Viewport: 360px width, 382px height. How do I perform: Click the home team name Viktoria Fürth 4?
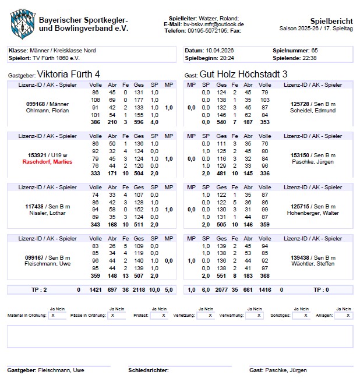pyautogui.click(x=68, y=75)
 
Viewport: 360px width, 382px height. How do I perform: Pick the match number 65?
pyautogui.click(x=315, y=51)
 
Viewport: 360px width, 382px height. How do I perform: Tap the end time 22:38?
pyautogui.click(x=310, y=58)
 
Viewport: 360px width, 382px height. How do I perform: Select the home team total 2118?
pyautogui.click(x=139, y=289)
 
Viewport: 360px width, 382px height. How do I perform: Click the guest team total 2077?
pyautogui.click(x=221, y=289)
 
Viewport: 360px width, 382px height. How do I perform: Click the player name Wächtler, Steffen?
pyautogui.click(x=312, y=264)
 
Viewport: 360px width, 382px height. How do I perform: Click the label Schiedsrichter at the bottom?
pyautogui.click(x=149, y=370)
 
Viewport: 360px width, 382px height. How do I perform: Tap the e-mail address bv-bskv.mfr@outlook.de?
pyautogui.click(x=213, y=24)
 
